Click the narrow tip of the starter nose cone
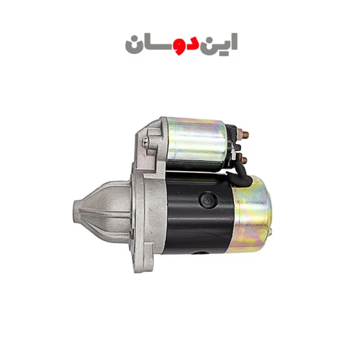click(x=76, y=212)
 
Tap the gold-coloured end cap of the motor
click(x=251, y=214)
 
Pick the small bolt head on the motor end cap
click(x=270, y=232)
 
